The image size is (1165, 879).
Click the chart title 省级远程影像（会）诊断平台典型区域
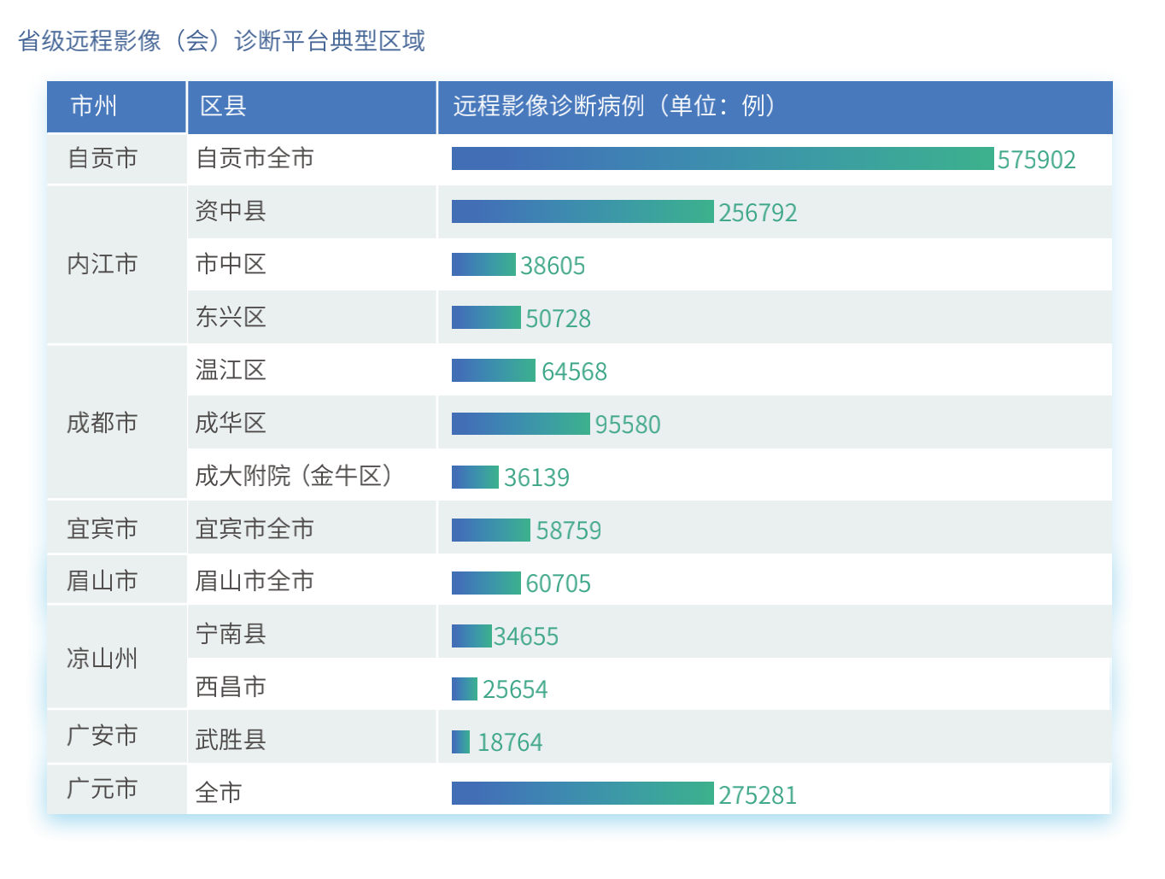tap(221, 40)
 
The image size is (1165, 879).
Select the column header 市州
tap(94, 106)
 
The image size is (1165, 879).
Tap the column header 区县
tap(223, 106)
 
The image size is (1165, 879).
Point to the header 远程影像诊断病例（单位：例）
tap(614, 106)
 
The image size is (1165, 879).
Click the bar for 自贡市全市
tap(723, 159)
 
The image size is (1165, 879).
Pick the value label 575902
tap(1036, 160)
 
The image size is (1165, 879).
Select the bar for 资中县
tap(582, 212)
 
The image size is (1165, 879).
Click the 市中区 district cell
tap(231, 265)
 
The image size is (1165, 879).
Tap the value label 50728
tap(558, 319)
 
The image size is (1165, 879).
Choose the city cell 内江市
tap(102, 265)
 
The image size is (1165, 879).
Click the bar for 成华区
tap(520, 424)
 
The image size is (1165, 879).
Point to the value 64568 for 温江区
tap(574, 372)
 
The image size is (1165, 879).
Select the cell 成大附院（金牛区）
tap(294, 476)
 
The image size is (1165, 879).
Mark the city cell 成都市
tap(102, 423)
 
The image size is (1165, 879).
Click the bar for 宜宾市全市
tap(491, 530)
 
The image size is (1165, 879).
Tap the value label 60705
tap(558, 583)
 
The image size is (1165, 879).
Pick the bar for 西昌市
tap(465, 689)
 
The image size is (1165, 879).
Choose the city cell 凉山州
tap(102, 659)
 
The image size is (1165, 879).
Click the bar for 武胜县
tap(461, 741)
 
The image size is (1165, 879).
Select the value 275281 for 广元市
tap(758, 795)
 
